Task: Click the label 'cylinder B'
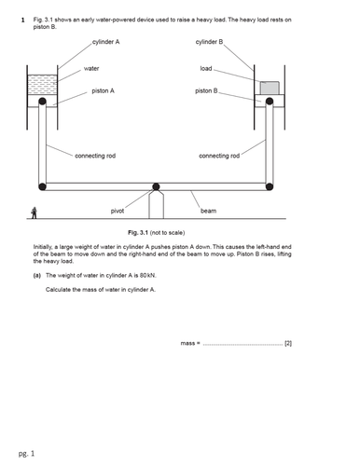coord(210,43)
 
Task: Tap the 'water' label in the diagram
coord(91,68)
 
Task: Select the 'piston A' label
coord(104,91)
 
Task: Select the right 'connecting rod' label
coord(219,156)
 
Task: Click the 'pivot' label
coord(118,212)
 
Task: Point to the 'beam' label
coord(208,212)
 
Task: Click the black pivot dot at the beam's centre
coord(156,187)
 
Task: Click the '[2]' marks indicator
coord(288,344)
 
